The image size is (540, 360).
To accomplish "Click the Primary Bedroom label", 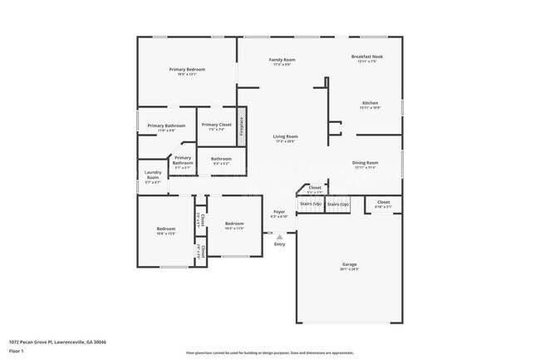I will click(x=187, y=70).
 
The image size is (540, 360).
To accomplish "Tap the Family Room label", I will click(x=282, y=60).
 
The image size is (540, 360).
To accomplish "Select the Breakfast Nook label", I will click(x=366, y=57).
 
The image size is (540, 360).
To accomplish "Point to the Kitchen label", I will click(x=369, y=103).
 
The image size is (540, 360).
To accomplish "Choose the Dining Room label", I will click(x=365, y=163).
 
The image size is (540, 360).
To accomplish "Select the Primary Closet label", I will click(x=216, y=125).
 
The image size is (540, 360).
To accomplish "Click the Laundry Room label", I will click(x=153, y=175).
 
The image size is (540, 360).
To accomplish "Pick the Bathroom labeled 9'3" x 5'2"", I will click(x=221, y=158).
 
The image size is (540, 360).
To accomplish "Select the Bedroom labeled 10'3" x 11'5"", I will click(x=234, y=223).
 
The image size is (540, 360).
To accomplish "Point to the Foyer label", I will click(x=279, y=212).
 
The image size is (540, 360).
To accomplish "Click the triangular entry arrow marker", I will click(x=279, y=236).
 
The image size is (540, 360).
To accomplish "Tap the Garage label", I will click(x=349, y=264).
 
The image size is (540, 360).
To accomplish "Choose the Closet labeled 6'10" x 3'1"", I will click(x=383, y=202).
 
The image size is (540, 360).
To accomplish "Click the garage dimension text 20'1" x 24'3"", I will click(x=349, y=269).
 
